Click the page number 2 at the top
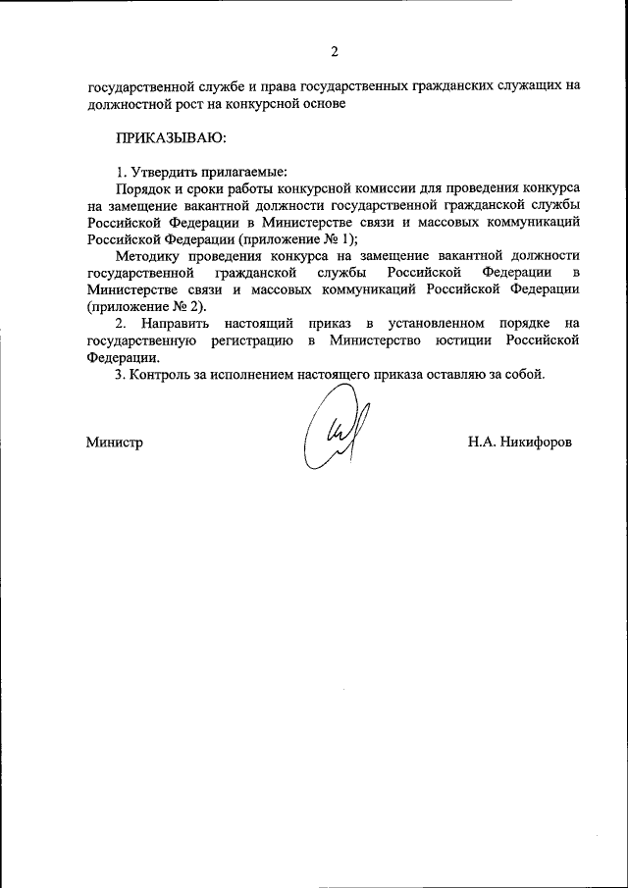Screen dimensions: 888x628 [x=335, y=51]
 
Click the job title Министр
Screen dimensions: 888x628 [x=114, y=443]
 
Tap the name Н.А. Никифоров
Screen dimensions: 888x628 [x=520, y=443]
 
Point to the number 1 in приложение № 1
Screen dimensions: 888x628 [x=348, y=238]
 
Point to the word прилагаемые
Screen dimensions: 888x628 [x=240, y=171]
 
